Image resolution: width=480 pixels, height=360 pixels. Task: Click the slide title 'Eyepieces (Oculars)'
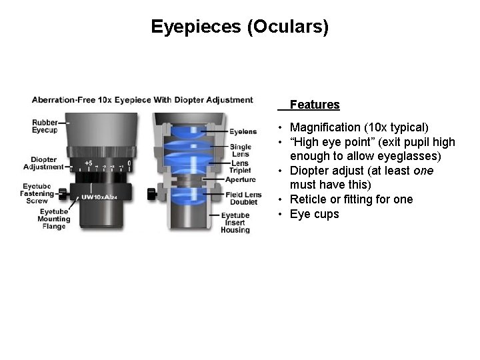[239, 27]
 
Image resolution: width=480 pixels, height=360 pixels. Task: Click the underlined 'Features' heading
[315, 105]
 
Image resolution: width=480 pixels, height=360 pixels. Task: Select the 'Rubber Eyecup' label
[45, 125]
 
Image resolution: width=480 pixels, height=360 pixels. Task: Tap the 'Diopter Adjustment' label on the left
[43, 163]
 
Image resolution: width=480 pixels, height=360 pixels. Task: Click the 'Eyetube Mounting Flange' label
[51, 219]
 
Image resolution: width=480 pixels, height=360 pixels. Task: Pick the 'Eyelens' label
[243, 131]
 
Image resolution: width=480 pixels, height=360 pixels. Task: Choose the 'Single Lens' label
[240, 150]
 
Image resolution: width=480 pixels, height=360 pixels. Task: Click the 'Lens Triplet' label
[239, 167]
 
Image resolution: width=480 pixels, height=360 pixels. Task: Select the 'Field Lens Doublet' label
[242, 198]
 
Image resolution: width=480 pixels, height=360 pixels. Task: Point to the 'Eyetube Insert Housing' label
[235, 223]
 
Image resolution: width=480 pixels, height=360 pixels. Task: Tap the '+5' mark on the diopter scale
[88, 162]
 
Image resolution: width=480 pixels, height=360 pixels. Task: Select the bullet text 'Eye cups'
[315, 214]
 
